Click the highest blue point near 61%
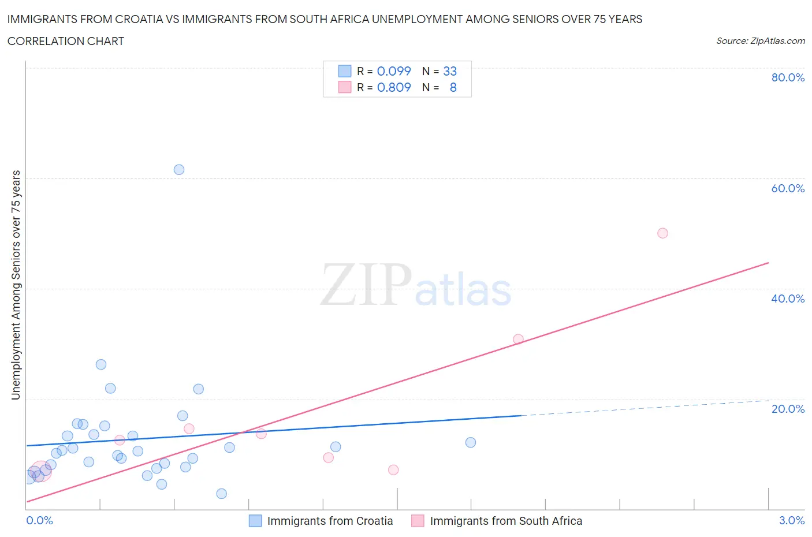pos(179,170)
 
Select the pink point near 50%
pos(662,233)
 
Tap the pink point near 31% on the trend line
pos(518,340)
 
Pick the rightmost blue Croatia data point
pos(471,442)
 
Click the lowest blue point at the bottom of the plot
pos(221,494)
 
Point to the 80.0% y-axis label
pos(788,78)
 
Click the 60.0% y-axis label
pos(788,188)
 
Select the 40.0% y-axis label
pos(788,299)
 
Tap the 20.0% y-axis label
pos(788,409)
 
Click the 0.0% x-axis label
pos(39,520)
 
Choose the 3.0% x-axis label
pos(791,520)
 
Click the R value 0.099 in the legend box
pos(394,71)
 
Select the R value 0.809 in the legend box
pos(394,87)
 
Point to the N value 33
pos(450,71)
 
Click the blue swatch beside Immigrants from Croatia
pos(255,521)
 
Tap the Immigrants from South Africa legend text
pos(506,521)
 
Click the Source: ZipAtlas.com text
pos(760,41)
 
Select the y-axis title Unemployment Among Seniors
pos(16,285)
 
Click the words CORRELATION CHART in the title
pos(66,41)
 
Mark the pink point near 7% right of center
pos(393,470)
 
